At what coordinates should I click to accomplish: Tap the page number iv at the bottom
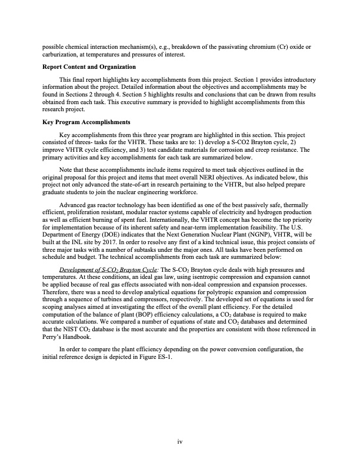180,443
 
